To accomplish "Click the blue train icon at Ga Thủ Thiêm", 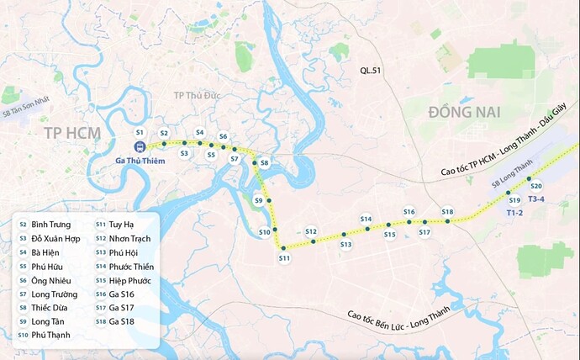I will coord(140,146).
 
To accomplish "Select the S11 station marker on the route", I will coord(284,247).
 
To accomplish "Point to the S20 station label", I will coord(536,186).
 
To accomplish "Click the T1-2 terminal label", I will coord(514,213).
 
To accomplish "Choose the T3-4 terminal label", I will coord(536,199).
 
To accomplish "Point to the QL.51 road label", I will coord(370,71).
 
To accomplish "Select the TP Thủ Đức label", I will coord(196,95).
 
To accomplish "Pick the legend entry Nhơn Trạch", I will coord(129,239).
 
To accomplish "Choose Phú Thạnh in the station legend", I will coord(50,335).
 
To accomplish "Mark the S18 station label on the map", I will coord(447,212).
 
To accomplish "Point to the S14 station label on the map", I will coord(366,219).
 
